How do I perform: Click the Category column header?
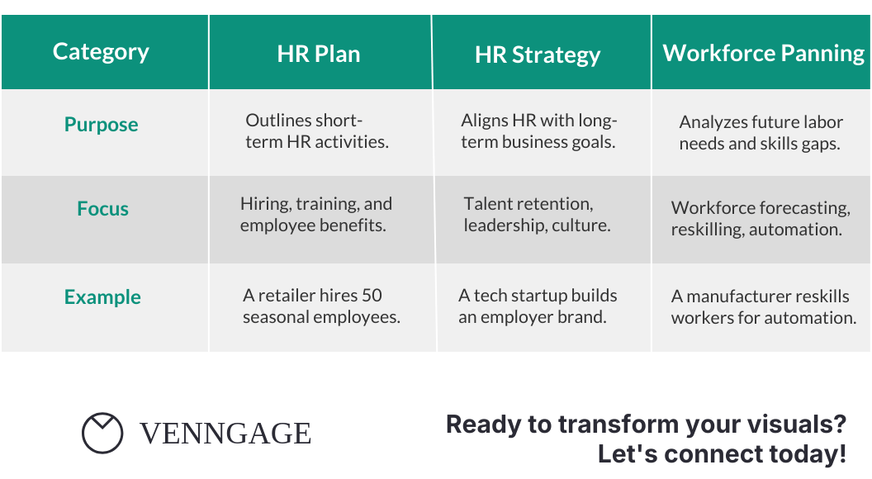(101, 52)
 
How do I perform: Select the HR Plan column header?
(319, 55)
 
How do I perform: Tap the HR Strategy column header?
(538, 55)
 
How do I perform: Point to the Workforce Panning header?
(763, 54)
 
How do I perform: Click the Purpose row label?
(102, 125)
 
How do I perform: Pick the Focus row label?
(103, 209)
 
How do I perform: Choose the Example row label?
(102, 297)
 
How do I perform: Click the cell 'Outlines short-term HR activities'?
(317, 131)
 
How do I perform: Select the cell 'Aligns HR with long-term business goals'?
(538, 131)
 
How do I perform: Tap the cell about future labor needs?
(761, 133)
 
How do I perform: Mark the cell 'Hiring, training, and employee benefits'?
(316, 215)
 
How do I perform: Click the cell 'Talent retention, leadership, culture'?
(537, 215)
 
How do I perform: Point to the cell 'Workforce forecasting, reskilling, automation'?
(760, 219)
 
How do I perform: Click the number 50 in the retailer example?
(372, 296)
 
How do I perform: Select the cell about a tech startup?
(538, 306)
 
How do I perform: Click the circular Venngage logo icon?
(102, 433)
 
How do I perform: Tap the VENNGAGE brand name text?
(225, 434)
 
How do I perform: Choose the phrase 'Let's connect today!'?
(722, 454)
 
